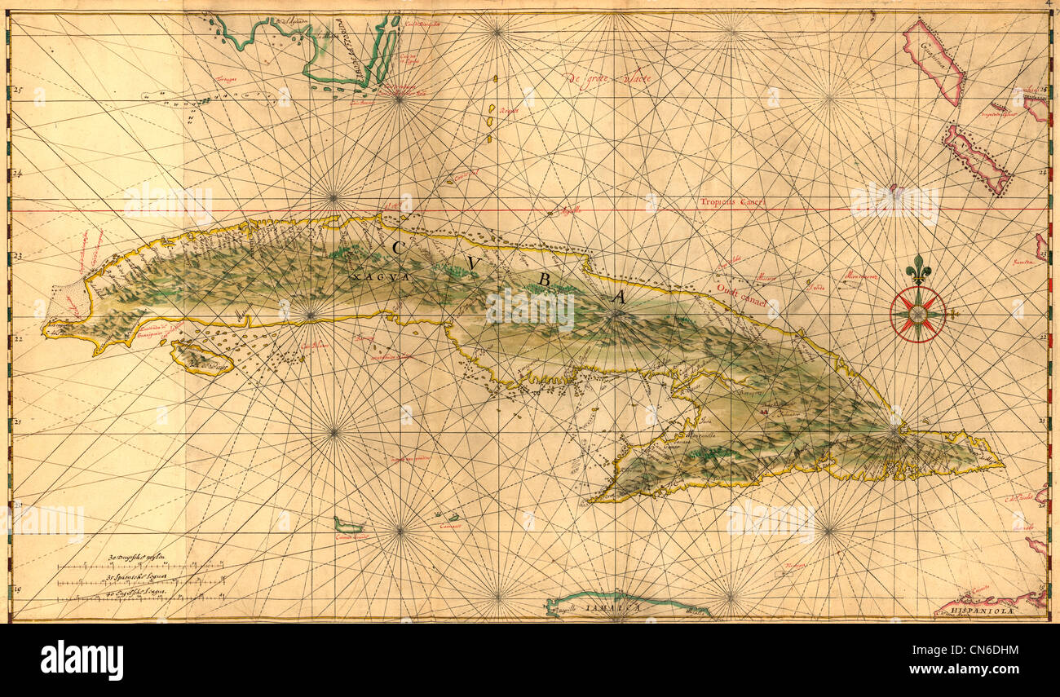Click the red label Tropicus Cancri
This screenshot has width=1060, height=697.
pos(733,201)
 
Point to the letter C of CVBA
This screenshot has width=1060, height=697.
pos(398,247)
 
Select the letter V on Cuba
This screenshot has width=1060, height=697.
pos(473,263)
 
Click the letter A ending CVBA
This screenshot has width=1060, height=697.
pos(617,298)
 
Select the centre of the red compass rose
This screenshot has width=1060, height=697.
pos(918,314)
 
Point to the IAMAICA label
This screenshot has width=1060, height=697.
pos(617,607)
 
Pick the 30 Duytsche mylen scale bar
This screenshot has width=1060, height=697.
pos(139,562)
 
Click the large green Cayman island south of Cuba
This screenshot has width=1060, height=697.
pos(349,526)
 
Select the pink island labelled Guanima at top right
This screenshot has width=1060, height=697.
pos(934,61)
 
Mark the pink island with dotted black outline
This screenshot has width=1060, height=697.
pos(977,159)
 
